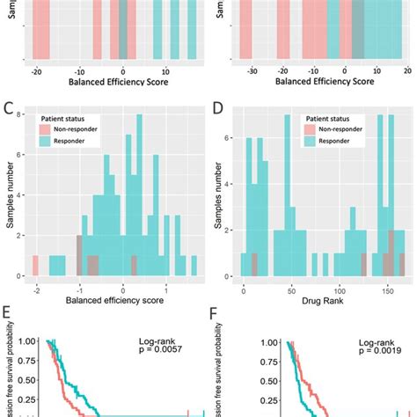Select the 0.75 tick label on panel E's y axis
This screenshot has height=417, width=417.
[x=29, y=365]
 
